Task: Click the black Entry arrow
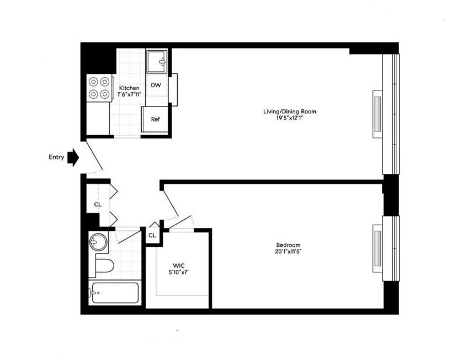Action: [73, 157]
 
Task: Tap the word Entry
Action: [56, 157]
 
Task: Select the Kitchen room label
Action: [130, 88]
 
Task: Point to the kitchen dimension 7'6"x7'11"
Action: [130, 94]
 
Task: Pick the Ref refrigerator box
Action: [155, 119]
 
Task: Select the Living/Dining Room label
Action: [289, 112]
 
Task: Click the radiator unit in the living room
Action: [377, 113]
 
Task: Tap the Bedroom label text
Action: [288, 245]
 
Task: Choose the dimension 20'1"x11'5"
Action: [288, 252]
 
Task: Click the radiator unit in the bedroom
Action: [377, 248]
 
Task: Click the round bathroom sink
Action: [98, 242]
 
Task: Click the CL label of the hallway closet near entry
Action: [98, 204]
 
